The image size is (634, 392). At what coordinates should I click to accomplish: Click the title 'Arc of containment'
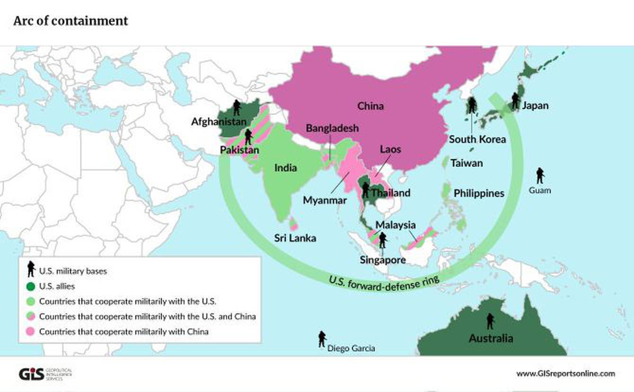click(70, 21)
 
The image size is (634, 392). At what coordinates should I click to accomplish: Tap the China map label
click(370, 106)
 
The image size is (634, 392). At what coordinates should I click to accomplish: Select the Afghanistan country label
click(219, 122)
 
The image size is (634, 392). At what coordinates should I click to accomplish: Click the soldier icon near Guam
click(540, 175)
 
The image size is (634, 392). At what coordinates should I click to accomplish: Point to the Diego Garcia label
click(351, 348)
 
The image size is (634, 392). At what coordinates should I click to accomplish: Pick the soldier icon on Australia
click(490, 321)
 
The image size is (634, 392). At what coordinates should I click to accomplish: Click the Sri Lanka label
click(295, 238)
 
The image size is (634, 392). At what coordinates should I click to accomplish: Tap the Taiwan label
click(467, 163)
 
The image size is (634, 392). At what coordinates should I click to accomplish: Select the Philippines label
click(479, 193)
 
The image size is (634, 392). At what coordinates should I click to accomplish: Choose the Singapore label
click(382, 260)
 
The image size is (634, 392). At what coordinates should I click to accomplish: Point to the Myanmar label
click(325, 200)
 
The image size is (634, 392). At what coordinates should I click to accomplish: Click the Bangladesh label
click(332, 128)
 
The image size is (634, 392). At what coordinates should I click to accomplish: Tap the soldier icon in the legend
click(31, 269)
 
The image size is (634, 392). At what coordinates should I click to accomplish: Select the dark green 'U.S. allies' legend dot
click(31, 286)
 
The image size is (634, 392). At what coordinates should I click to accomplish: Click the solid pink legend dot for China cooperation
click(31, 331)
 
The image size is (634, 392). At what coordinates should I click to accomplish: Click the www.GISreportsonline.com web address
click(565, 374)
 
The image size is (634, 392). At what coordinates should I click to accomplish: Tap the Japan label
click(535, 106)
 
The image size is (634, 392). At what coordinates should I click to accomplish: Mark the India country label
click(286, 168)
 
